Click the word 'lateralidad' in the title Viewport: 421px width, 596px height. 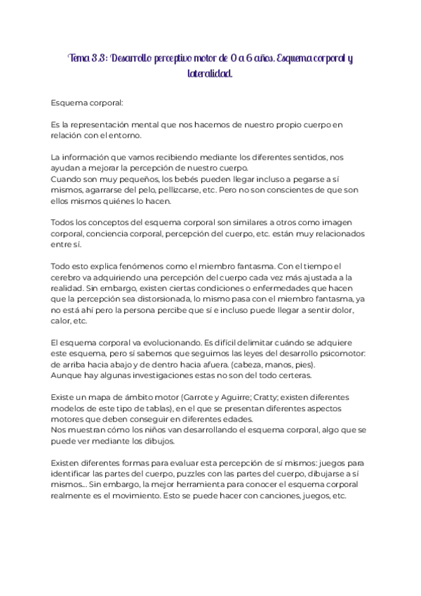tap(210, 73)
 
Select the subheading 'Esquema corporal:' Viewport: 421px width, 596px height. tap(87, 103)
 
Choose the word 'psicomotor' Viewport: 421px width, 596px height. tap(344, 354)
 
